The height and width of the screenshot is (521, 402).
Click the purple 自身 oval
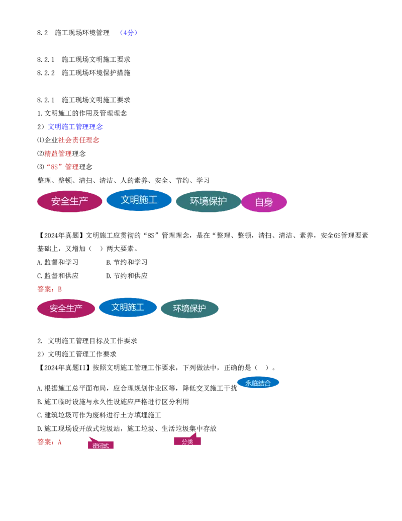pyautogui.click(x=264, y=202)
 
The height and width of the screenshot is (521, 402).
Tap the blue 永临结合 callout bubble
pyautogui.click(x=258, y=383)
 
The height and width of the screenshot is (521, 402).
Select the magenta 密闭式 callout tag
pyautogui.click(x=101, y=444)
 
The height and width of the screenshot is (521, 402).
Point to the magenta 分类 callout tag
pyautogui.click(x=187, y=440)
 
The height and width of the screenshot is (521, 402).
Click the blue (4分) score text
pyautogui.click(x=128, y=33)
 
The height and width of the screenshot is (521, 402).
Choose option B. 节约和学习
pyautogui.click(x=127, y=262)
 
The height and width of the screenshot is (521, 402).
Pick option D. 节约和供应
pyautogui.click(x=127, y=276)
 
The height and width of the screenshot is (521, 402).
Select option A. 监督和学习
pyautogui.click(x=58, y=262)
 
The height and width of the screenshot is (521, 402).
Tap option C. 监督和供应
pyautogui.click(x=58, y=276)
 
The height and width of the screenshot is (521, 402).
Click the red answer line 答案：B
pyautogui.click(x=49, y=289)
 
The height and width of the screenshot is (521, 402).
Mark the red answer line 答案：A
pyautogui.click(x=49, y=442)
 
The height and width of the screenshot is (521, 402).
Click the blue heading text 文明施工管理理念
pyautogui.click(x=75, y=126)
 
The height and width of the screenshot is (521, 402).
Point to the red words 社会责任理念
pyautogui.click(x=79, y=140)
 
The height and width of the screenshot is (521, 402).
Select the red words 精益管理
pyautogui.click(x=58, y=154)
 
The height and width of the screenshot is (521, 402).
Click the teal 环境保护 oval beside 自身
pyautogui.click(x=209, y=201)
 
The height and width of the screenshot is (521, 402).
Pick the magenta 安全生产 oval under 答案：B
pyautogui.click(x=66, y=309)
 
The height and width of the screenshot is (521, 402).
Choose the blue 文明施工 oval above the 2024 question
pyautogui.click(x=139, y=200)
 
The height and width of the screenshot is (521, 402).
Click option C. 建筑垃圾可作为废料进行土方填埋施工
pyautogui.click(x=99, y=415)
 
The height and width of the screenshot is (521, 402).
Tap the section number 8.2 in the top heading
pyautogui.click(x=42, y=33)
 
